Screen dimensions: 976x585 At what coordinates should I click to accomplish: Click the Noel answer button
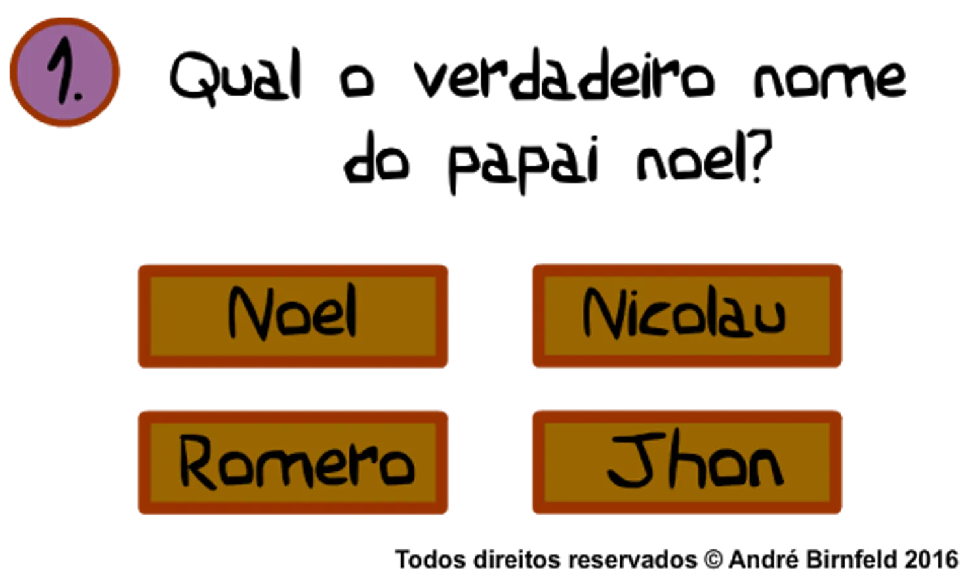293,317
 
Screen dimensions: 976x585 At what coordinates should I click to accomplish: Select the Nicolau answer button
687,316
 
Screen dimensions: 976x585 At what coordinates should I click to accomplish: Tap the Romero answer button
293,463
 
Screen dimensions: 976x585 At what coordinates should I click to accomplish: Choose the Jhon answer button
687,462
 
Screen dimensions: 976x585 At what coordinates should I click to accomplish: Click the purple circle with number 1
64,72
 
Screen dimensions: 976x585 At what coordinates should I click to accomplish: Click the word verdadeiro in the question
564,75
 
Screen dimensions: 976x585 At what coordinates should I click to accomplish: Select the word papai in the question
523,163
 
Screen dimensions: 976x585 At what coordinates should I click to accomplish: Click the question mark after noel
760,156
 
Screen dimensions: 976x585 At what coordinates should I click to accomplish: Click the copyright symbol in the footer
713,560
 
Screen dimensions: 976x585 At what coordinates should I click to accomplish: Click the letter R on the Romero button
198,463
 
